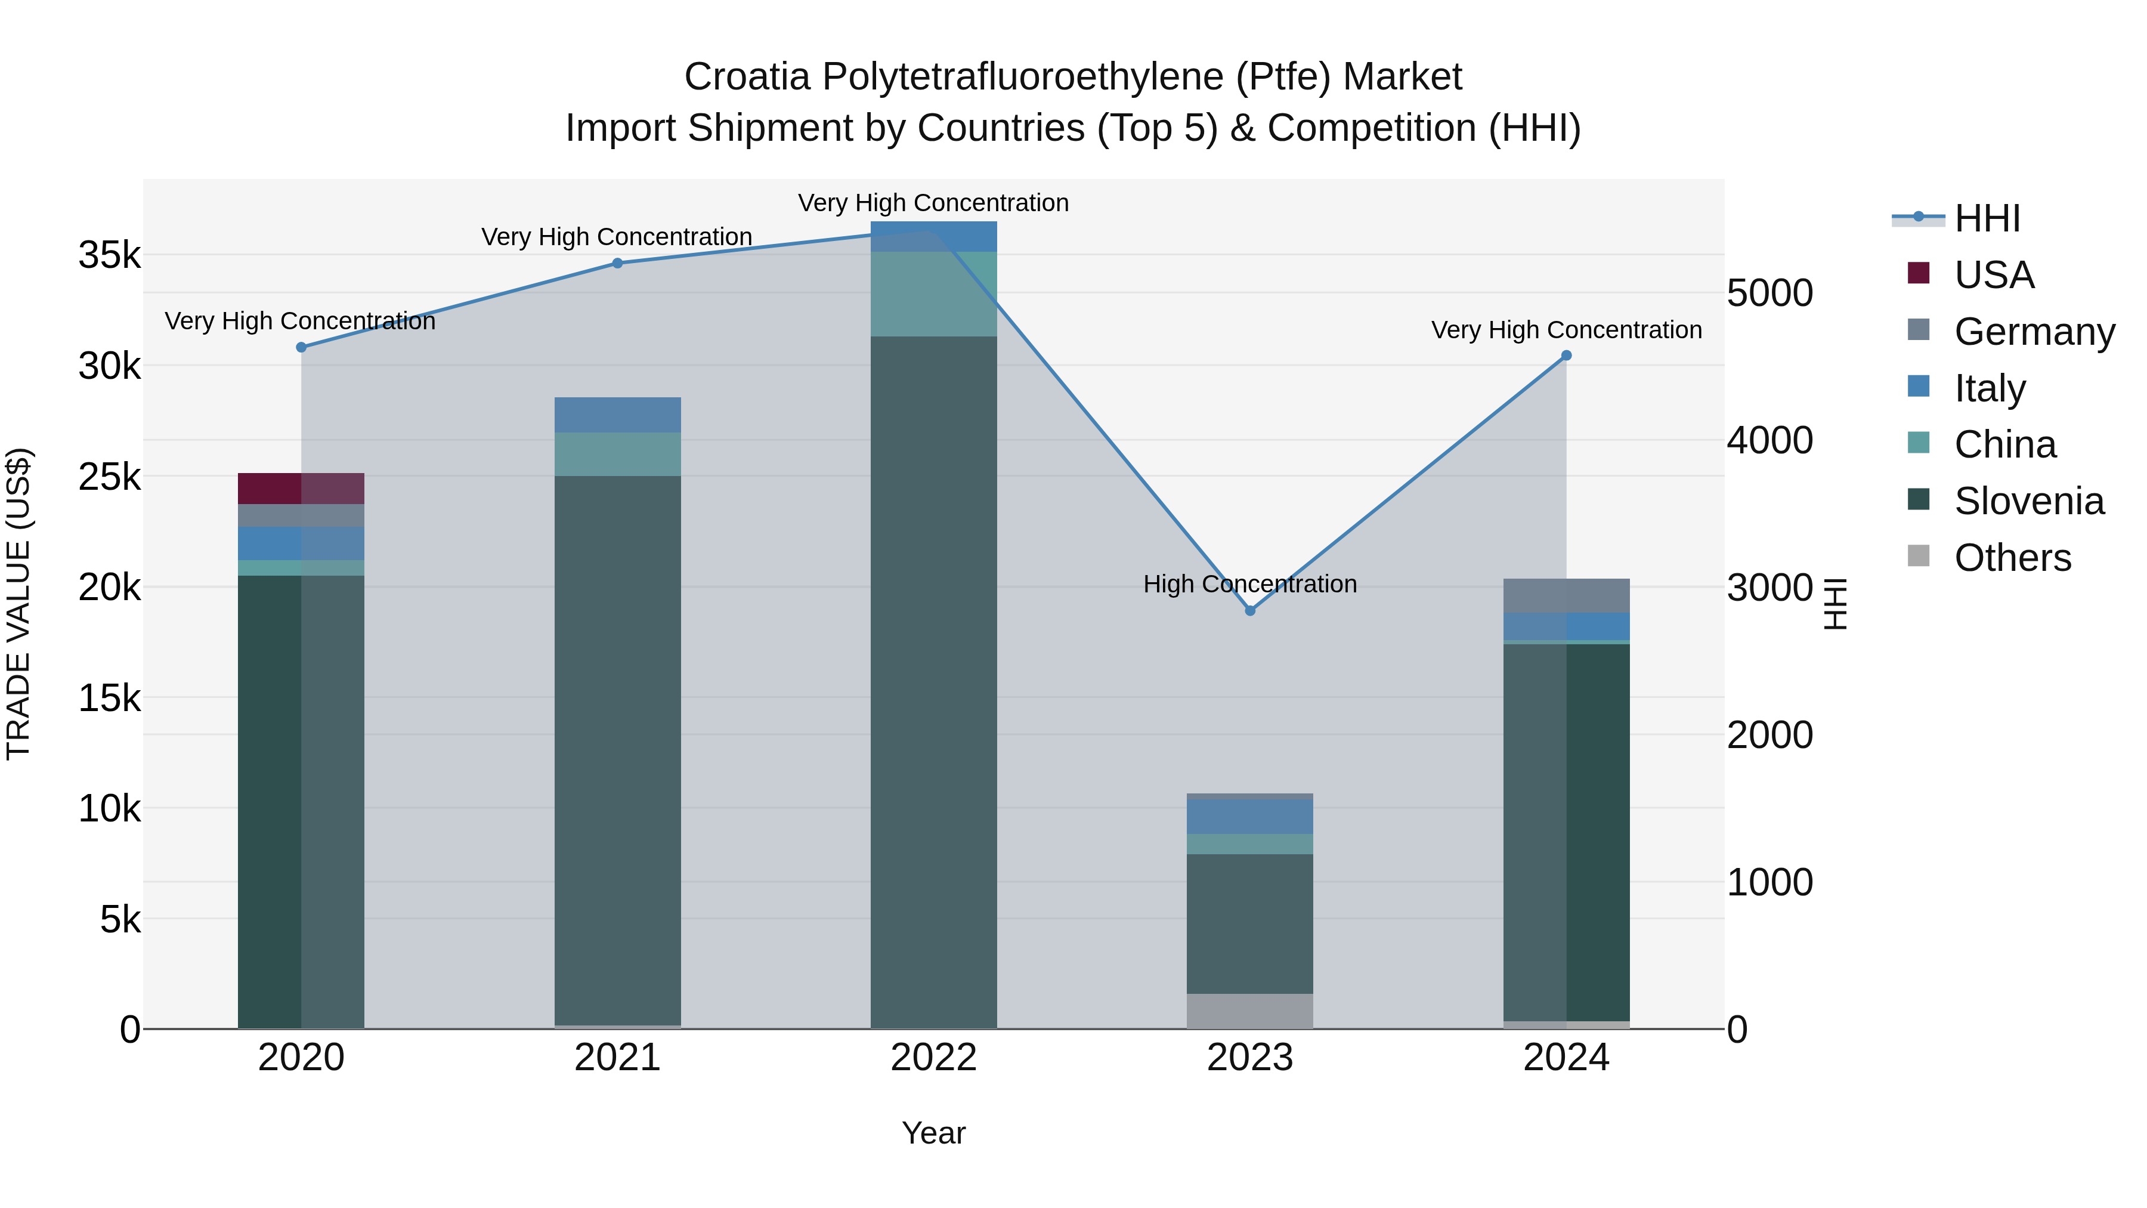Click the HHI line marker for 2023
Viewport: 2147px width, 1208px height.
[x=1249, y=611]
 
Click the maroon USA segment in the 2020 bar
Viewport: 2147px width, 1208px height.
[x=301, y=489]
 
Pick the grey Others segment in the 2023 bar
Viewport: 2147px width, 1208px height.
[x=1249, y=1011]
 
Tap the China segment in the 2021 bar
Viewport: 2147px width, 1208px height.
[x=618, y=455]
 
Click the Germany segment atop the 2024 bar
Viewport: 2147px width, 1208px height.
[x=1566, y=595]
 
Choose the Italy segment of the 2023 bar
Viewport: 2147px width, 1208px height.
[x=1249, y=816]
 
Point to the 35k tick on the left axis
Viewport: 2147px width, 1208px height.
[x=109, y=255]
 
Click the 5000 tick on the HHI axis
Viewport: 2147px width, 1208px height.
[x=1769, y=293]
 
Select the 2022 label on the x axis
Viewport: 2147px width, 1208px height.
[x=933, y=1058]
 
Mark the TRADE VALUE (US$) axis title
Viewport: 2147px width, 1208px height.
[x=18, y=604]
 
